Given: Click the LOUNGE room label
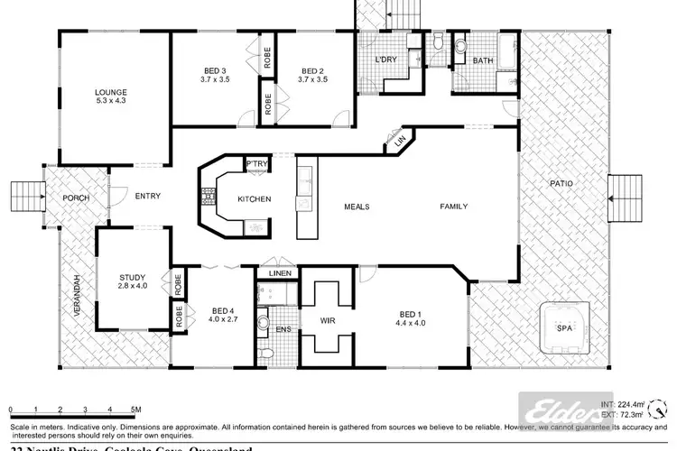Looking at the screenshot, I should [113, 92].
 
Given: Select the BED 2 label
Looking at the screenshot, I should [312, 70].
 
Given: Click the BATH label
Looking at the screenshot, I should [482, 60].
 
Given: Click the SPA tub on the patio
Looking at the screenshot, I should [565, 327].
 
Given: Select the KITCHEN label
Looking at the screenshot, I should [254, 199].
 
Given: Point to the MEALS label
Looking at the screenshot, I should [357, 207].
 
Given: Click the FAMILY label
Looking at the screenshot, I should [453, 207].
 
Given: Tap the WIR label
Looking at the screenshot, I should [328, 318].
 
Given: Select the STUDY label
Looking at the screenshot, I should [133, 278].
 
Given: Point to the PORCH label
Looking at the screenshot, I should [74, 198].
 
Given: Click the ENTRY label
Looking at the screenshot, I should [148, 196].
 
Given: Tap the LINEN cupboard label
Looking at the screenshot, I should [278, 274].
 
